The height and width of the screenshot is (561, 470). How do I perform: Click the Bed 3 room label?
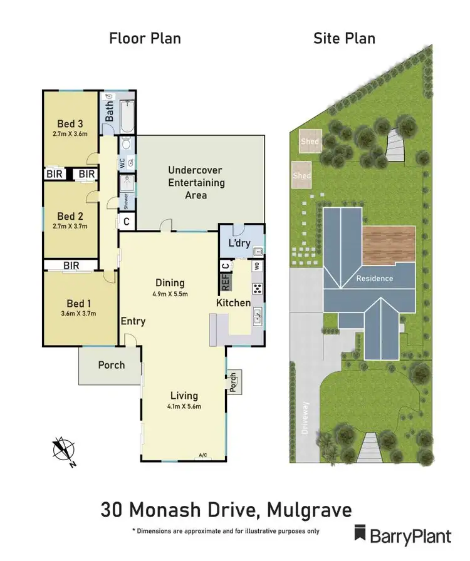[x=70, y=123]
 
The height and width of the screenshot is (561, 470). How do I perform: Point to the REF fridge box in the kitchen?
[x=226, y=282]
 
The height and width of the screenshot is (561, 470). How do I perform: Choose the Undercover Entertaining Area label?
[x=196, y=183]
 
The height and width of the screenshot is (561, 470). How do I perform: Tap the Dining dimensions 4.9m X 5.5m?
[x=170, y=293]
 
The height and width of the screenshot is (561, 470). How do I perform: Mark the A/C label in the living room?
[x=202, y=455]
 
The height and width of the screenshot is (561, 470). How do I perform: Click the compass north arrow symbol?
[x=63, y=450]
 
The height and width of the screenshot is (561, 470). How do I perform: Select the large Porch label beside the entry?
[x=112, y=365]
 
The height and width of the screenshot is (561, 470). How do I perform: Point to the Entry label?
[x=133, y=321]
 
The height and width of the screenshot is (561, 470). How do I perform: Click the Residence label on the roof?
[x=374, y=278]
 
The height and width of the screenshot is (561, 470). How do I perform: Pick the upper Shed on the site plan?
[x=310, y=142]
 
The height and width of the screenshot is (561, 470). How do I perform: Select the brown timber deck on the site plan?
[x=389, y=244]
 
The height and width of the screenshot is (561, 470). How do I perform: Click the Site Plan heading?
[x=344, y=38]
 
